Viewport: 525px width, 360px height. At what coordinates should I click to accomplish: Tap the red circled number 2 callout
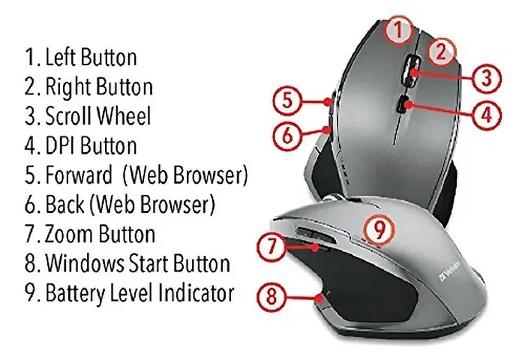pos(442,50)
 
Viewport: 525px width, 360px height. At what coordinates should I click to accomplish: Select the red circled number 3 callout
pos(486,76)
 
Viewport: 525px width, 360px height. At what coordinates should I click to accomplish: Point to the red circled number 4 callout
pos(485,114)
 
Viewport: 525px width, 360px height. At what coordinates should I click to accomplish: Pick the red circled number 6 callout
pos(286,135)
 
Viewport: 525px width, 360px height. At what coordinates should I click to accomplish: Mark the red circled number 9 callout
pos(379,229)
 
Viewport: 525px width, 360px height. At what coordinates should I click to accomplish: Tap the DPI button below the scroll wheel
pos(404,104)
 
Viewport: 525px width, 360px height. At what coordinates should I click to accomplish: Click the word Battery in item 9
pos(73,292)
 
